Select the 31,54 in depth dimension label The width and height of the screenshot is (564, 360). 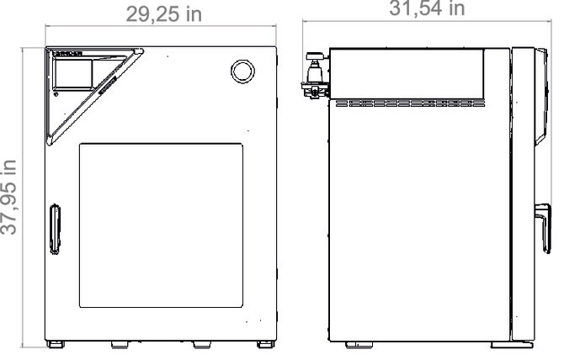(426, 8)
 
